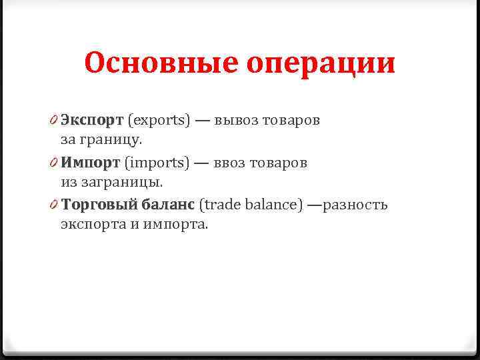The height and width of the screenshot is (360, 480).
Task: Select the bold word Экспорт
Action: pos(92,121)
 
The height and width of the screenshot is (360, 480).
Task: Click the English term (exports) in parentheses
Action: pos(159,121)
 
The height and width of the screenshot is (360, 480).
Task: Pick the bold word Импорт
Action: pos(90,163)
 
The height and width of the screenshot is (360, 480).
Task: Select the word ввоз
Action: pos(231,163)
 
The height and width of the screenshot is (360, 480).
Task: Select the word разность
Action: pos(355,204)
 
